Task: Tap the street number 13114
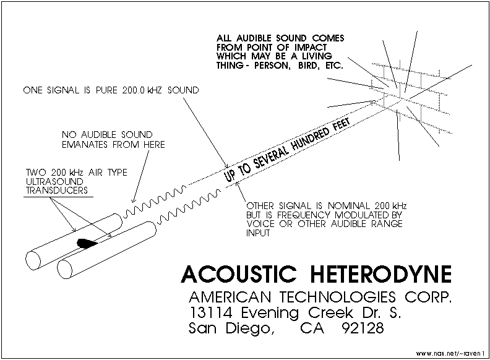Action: [x=213, y=311]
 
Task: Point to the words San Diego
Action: [x=230, y=329]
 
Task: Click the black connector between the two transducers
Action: [x=86, y=242]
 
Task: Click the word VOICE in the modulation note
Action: [x=260, y=224]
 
